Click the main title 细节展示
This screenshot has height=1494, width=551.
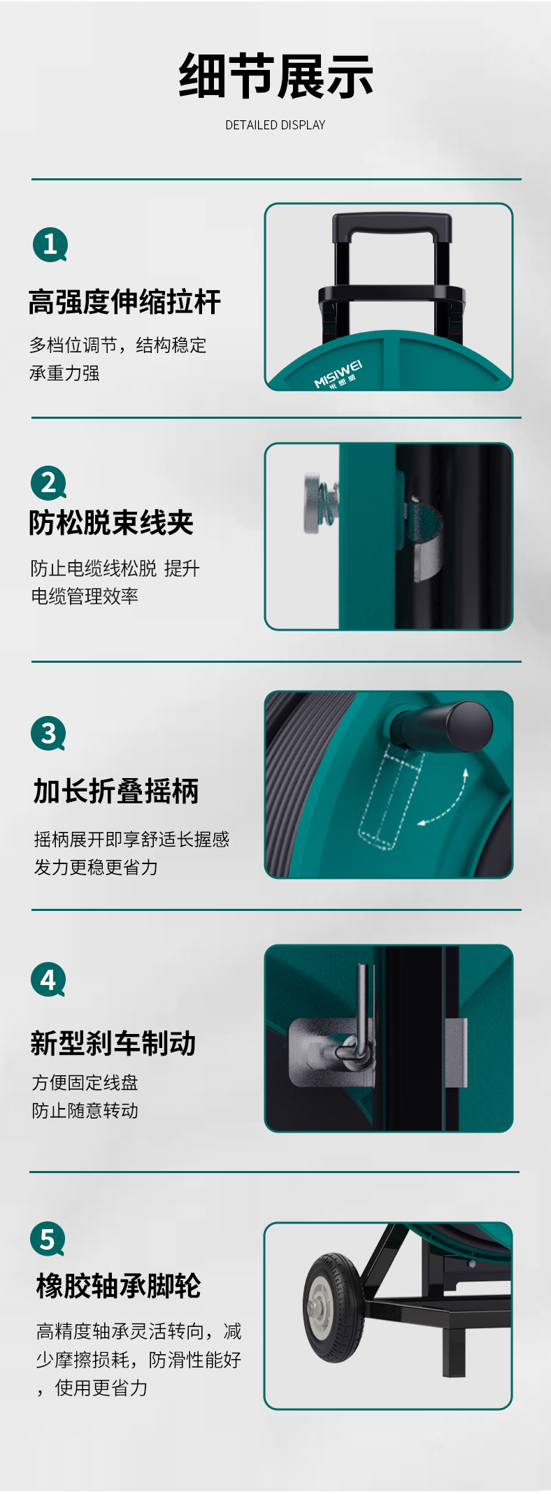pos(275,76)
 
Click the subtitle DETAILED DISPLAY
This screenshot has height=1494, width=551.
pos(275,125)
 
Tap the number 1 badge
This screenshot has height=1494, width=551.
pos(50,245)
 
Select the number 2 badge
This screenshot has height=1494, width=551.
pos(48,482)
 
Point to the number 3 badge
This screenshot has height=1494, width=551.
pos(48,733)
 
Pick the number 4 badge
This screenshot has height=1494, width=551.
pos(48,979)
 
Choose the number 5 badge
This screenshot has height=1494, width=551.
pos(48,1239)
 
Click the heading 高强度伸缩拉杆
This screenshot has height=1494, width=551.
pos(124,302)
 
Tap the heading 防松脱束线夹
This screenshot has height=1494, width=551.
pos(111,522)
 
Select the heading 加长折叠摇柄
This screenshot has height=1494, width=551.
pos(116,791)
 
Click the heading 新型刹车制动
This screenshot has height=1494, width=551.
pos(113,1043)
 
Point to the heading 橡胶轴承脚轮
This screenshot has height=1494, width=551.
pos(118,1286)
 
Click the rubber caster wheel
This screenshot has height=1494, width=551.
pos(333,1307)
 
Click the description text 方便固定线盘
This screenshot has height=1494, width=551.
pos(85,1083)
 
